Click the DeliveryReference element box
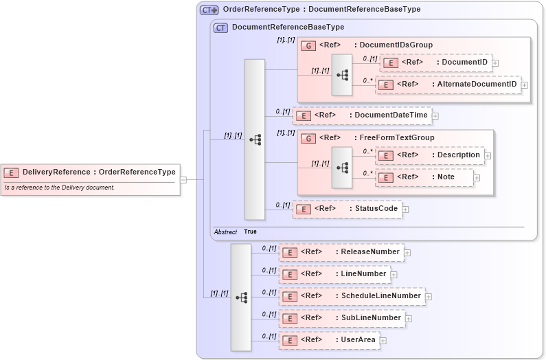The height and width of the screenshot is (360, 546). pyautogui.click(x=91, y=172)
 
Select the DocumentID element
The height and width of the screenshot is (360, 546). pyautogui.click(x=435, y=63)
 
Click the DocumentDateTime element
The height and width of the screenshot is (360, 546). pyautogui.click(x=363, y=115)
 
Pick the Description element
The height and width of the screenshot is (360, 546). pyautogui.click(x=430, y=155)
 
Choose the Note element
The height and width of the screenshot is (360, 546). pyautogui.click(x=424, y=177)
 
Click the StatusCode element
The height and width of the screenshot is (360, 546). pyautogui.click(x=348, y=209)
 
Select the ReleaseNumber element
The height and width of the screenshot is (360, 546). pyautogui.click(x=341, y=252)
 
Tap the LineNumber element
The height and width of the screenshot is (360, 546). pyautogui.click(x=334, y=274)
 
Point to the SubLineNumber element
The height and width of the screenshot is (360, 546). pyautogui.click(x=341, y=318)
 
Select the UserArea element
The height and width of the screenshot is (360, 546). pyautogui.click(x=329, y=340)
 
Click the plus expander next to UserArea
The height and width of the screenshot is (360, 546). pyautogui.click(x=383, y=341)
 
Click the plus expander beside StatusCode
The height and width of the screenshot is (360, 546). pyautogui.click(x=405, y=210)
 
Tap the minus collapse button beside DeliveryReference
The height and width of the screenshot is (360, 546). pyautogui.click(x=183, y=180)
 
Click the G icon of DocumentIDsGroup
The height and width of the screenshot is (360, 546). pyautogui.click(x=308, y=45)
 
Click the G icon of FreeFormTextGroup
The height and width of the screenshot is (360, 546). pyautogui.click(x=308, y=138)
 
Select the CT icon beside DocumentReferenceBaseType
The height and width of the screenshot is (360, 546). pyautogui.click(x=220, y=28)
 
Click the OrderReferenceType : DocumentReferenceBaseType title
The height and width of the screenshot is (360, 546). pyautogui.click(x=321, y=10)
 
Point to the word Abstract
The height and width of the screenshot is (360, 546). pyautogui.click(x=225, y=232)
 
